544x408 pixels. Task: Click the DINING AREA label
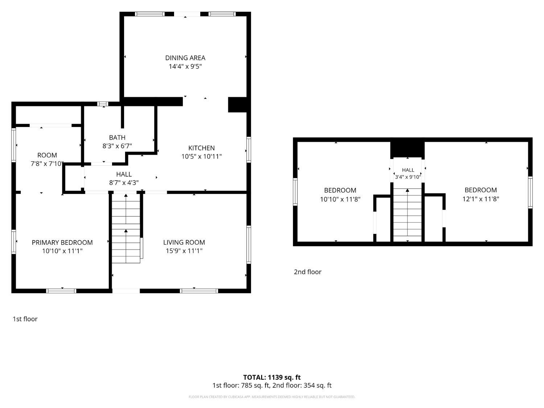185,58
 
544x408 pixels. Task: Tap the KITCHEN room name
202,148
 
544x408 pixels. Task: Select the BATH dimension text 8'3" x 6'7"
117,146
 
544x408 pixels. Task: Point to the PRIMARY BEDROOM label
62,243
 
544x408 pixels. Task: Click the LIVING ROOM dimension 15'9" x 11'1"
184,251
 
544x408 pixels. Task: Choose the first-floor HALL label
124,174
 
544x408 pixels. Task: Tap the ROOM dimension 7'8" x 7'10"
47,164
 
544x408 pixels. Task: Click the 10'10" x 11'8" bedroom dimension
340,199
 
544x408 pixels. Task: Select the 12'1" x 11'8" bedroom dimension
481,199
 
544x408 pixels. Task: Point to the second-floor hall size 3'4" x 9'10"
408,177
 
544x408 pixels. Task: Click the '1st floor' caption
25,319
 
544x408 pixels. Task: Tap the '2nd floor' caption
308,272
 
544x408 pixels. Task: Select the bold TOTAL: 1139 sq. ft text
272,377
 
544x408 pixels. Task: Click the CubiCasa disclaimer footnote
272,397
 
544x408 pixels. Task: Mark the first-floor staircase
126,228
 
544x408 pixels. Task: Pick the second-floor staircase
407,215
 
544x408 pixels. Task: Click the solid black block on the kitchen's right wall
238,104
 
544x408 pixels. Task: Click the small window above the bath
103,104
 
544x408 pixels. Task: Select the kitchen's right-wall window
248,150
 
